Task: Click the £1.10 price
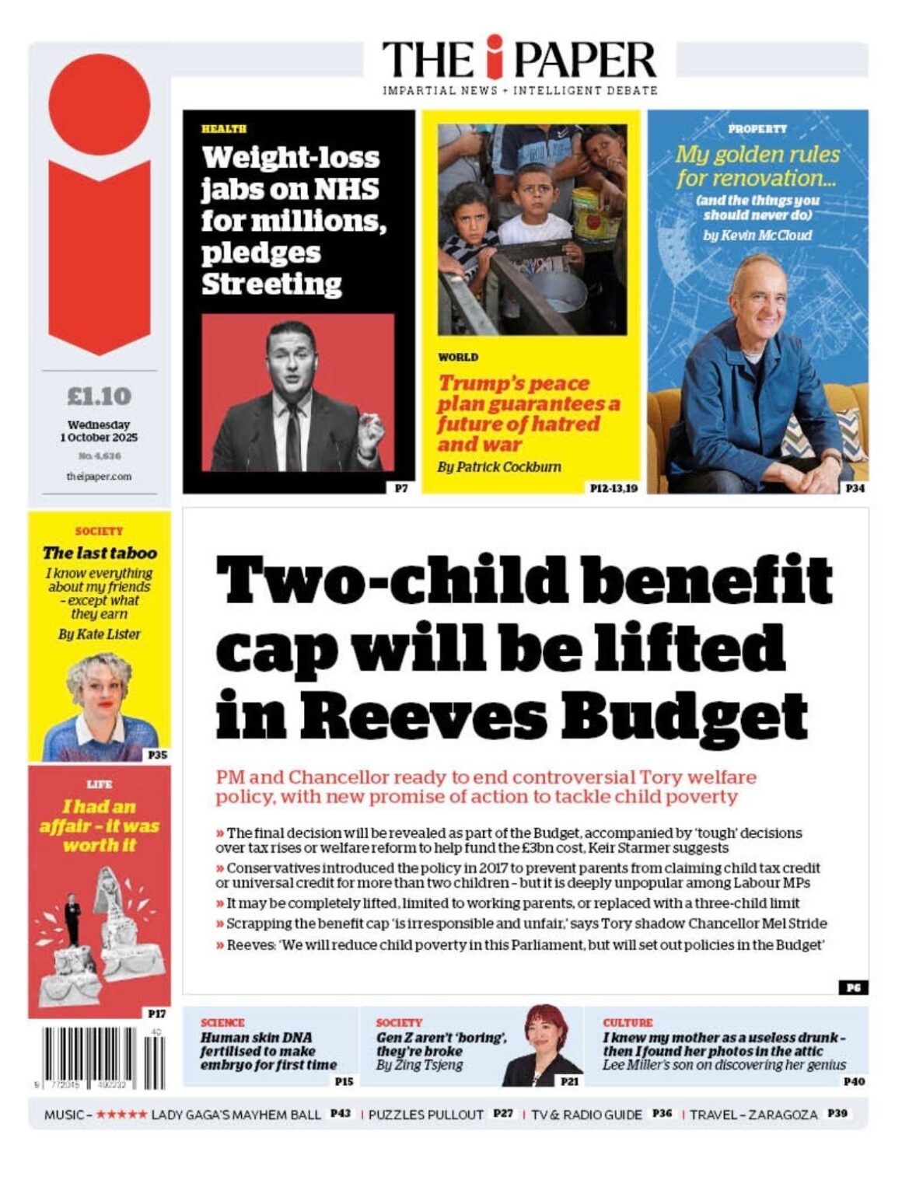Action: [x=100, y=396]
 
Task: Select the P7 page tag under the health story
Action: [x=401, y=488]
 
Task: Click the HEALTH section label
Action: [x=223, y=129]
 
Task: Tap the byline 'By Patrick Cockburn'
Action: [x=498, y=467]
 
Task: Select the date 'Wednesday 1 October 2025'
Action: [x=99, y=431]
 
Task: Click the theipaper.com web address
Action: [x=99, y=476]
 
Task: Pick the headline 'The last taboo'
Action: [x=100, y=553]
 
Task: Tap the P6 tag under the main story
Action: [x=853, y=987]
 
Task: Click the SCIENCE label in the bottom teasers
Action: [x=222, y=1022]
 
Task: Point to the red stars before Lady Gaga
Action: [x=121, y=1115]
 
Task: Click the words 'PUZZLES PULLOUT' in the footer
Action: [x=426, y=1115]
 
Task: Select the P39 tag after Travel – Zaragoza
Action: [x=837, y=1114]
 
